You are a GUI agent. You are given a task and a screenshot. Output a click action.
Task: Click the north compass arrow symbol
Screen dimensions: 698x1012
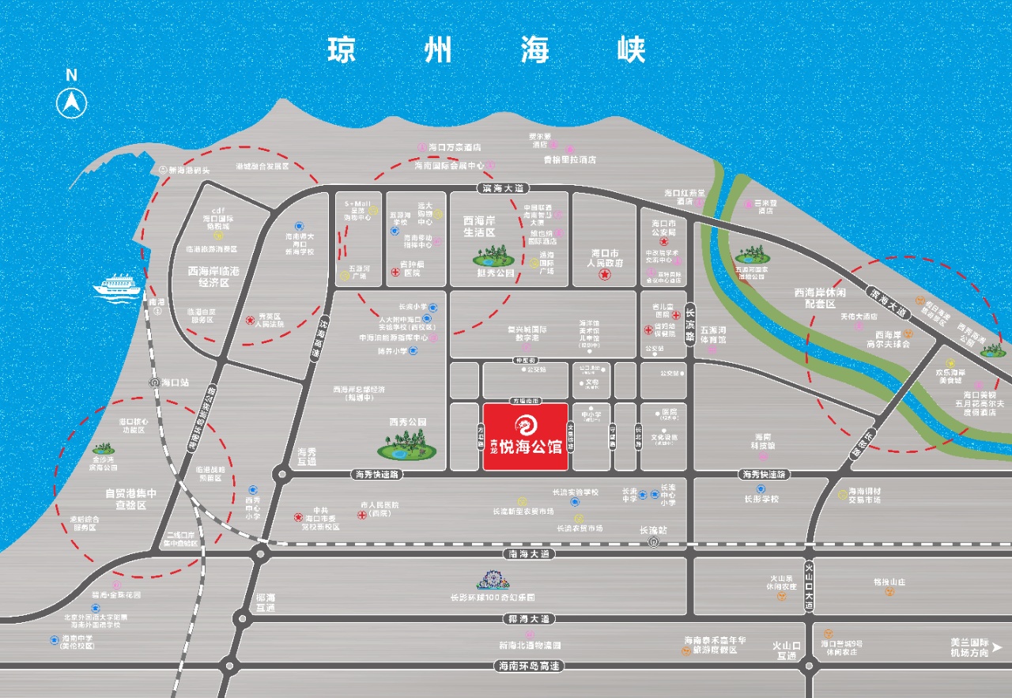click(x=71, y=103)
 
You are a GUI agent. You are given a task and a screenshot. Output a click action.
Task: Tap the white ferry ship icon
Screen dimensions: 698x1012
click(x=118, y=285)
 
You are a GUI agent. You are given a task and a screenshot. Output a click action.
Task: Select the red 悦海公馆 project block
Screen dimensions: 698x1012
click(x=526, y=436)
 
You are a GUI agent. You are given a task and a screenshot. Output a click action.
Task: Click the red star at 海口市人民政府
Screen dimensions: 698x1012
click(x=605, y=275)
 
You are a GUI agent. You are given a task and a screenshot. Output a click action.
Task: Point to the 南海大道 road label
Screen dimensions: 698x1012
click(x=530, y=554)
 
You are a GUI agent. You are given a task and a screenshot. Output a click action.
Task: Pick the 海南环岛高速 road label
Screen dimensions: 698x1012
click(x=530, y=666)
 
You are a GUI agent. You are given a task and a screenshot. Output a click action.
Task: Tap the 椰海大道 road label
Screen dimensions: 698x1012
click(x=530, y=618)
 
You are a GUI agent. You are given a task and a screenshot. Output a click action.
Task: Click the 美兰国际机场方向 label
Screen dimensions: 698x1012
click(x=969, y=647)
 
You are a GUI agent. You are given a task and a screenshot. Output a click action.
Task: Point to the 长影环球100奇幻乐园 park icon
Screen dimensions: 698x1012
click(x=504, y=583)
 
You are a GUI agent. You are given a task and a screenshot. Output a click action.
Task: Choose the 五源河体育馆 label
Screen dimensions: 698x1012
click(x=712, y=335)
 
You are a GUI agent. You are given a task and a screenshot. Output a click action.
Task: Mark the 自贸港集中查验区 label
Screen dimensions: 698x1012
click(x=131, y=499)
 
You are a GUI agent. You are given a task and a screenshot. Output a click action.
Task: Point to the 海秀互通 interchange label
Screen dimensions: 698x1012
click(x=307, y=456)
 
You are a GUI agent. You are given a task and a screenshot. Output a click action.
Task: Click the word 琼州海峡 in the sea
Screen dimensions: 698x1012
click(x=487, y=50)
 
